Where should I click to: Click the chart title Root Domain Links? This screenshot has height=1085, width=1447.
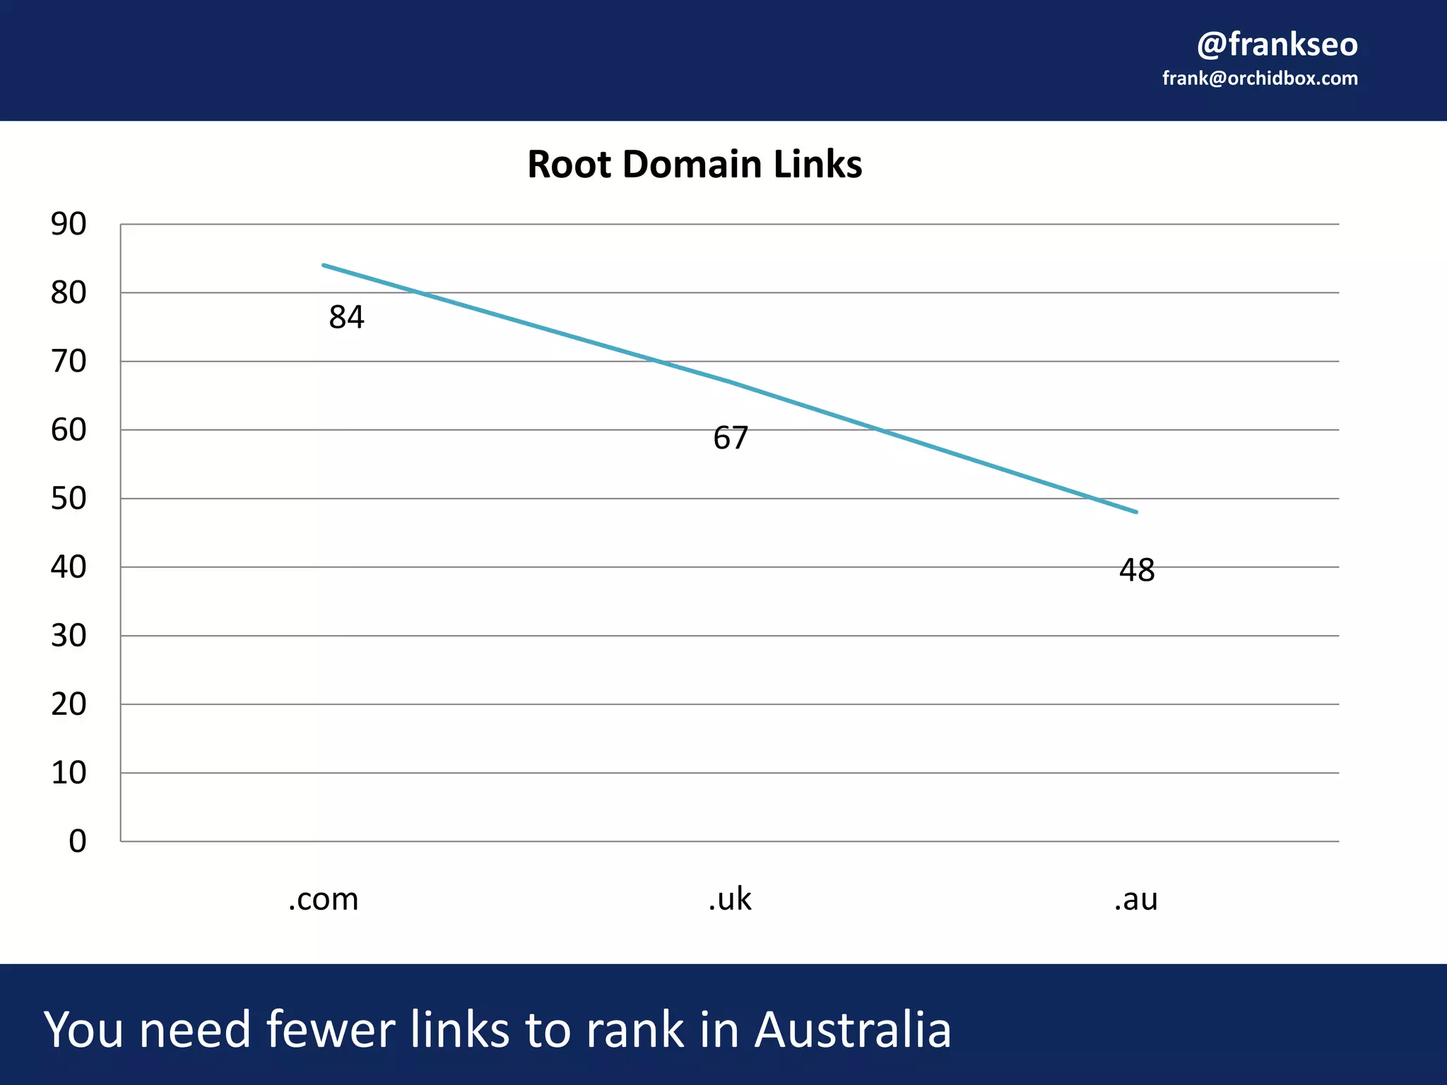coord(695,165)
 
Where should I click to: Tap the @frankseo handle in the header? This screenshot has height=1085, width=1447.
coord(1277,45)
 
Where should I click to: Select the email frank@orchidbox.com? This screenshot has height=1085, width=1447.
coord(1260,78)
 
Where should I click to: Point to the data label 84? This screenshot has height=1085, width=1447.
coord(346,317)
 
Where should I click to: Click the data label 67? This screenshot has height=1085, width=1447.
coord(730,438)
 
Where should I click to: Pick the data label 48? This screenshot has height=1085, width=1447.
coord(1137,570)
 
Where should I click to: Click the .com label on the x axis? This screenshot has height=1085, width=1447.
coord(324,899)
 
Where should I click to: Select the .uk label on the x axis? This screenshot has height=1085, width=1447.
coord(730,899)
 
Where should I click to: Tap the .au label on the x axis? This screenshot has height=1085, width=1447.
coord(1136,899)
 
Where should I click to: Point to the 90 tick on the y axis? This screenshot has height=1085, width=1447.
coord(69,224)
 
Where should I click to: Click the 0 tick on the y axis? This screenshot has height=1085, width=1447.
coord(78,841)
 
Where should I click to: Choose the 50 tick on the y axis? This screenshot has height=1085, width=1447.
coord(69,499)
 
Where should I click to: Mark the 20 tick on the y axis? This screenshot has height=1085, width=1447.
coord(69,704)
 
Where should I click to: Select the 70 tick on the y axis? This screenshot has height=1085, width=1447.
coord(69,362)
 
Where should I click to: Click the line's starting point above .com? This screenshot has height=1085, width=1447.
coord(324,265)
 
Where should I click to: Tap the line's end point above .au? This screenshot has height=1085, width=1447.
coord(1136,512)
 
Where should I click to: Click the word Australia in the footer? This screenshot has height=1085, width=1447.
coord(853,1029)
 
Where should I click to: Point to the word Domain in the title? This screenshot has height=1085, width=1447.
coord(692,165)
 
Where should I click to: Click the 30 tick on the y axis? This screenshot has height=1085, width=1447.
coord(69,636)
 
